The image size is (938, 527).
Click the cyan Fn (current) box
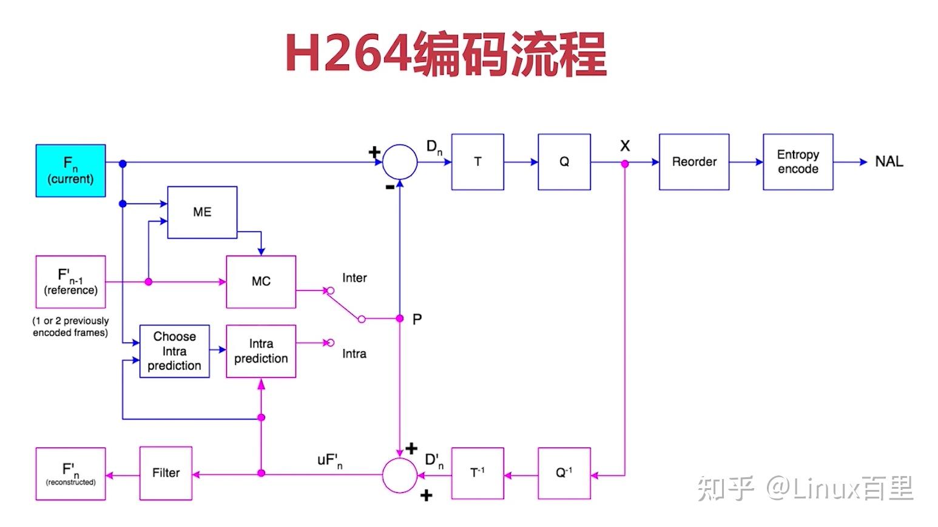point(70,171)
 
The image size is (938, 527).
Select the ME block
point(202,212)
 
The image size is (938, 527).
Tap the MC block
point(261,282)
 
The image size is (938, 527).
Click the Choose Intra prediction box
point(174,351)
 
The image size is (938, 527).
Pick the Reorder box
point(694,161)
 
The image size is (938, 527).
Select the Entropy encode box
point(798,161)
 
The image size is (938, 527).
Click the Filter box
point(166,473)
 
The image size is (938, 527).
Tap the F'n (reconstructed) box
point(70,474)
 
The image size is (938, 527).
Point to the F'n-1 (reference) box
point(70,282)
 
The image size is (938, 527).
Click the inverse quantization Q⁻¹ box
point(564,473)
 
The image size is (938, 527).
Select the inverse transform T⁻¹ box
point(477,473)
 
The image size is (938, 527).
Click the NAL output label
point(889,161)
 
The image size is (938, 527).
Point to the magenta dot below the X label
point(625,164)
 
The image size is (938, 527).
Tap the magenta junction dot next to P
point(400,318)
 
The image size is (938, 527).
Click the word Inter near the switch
point(354,277)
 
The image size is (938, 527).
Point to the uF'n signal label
point(330,461)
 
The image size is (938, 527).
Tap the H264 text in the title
point(348,53)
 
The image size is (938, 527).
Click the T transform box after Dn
point(477,161)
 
